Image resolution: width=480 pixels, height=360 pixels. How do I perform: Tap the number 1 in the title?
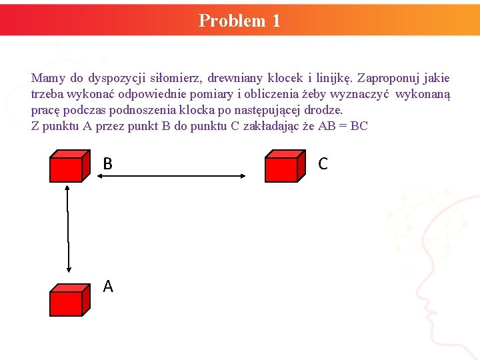click(x=276, y=21)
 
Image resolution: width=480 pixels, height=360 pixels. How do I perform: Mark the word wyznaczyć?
click(x=360, y=94)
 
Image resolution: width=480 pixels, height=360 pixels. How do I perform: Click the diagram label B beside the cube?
click(x=107, y=164)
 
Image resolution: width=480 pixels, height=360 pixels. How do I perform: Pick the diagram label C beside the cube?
click(x=323, y=164)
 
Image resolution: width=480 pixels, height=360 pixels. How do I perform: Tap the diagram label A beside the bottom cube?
click(x=108, y=287)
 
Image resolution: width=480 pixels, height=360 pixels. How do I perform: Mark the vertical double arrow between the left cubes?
click(x=69, y=229)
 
